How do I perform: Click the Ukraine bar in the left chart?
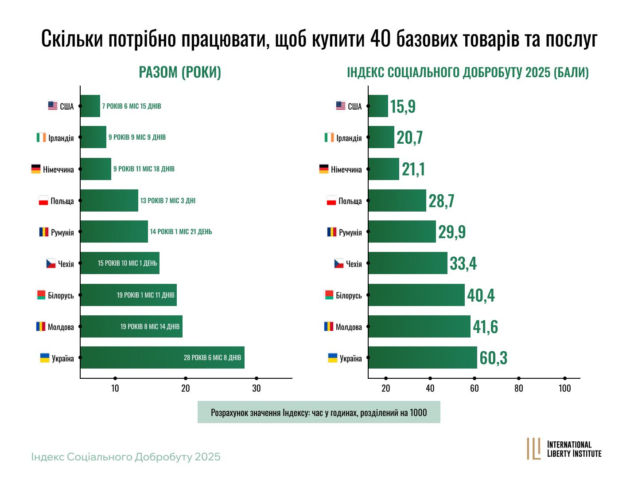(162, 357)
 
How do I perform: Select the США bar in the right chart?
(378, 106)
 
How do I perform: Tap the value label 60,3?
(493, 358)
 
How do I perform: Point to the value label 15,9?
(403, 106)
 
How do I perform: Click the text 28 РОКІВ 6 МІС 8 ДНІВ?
(212, 357)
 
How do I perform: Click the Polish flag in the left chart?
(43, 200)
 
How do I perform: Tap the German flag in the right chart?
(324, 169)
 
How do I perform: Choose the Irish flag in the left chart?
(41, 137)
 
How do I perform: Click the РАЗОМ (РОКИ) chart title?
(180, 72)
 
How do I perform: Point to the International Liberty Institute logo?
(564, 449)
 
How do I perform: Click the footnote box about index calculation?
(319, 412)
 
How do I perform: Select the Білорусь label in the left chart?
(61, 295)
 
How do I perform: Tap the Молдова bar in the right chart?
(419, 326)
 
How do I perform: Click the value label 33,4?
(463, 263)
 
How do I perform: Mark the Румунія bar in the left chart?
(114, 232)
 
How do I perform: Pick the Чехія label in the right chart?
(354, 264)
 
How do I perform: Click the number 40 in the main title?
(379, 39)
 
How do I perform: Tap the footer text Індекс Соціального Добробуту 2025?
(126, 457)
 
